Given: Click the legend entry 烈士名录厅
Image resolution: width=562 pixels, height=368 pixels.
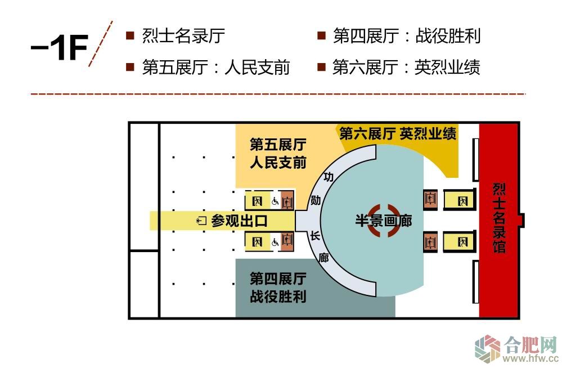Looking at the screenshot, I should click(x=183, y=36).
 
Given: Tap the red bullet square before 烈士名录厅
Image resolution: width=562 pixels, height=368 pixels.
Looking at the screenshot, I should click(x=130, y=35).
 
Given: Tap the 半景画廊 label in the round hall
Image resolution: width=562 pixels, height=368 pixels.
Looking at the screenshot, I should click(x=383, y=221).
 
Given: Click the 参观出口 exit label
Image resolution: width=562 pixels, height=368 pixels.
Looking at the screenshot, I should click(x=239, y=221).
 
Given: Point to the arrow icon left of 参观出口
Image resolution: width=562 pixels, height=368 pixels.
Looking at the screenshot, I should click(x=201, y=221).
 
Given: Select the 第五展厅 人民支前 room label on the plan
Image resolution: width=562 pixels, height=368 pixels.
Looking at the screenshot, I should click(x=278, y=154).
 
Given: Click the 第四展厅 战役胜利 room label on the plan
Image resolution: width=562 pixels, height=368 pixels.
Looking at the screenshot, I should click(x=278, y=287).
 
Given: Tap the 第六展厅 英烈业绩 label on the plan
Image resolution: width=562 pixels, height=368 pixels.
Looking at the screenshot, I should click(x=398, y=134).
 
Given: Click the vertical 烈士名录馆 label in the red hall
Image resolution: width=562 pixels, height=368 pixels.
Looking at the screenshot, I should click(x=498, y=218).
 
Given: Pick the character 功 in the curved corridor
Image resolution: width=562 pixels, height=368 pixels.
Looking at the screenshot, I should click(x=329, y=177).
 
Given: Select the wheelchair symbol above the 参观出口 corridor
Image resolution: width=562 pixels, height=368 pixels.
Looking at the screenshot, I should click(x=276, y=200).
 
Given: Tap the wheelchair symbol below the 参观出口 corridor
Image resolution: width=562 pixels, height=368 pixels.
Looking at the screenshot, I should click(x=276, y=243).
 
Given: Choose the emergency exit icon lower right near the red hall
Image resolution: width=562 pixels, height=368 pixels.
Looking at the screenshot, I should click(x=463, y=243).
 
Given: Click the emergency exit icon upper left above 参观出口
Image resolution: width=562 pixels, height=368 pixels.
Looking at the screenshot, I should click(x=257, y=200).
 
